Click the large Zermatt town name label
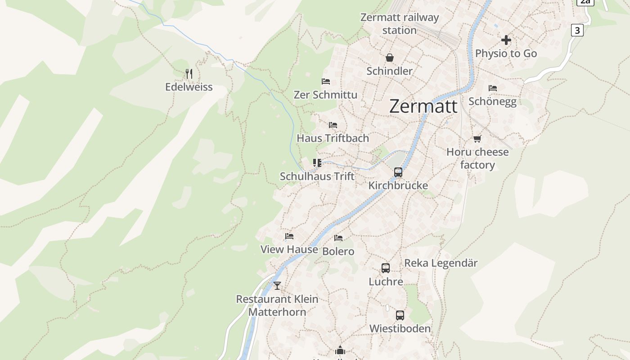pyautogui.click(x=423, y=107)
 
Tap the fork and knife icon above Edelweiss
pyautogui.click(x=189, y=73)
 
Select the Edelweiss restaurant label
pyautogui.click(x=189, y=87)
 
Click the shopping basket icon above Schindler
pyautogui.click(x=389, y=58)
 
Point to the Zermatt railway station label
pyautogui.click(x=400, y=24)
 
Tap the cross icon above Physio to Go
pyautogui.click(x=506, y=40)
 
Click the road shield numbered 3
pyautogui.click(x=577, y=30)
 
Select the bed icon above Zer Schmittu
pyautogui.click(x=326, y=81)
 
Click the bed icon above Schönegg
pyautogui.click(x=493, y=88)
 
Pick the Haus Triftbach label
pyautogui.click(x=333, y=138)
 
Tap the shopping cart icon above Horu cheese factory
pyautogui.click(x=477, y=139)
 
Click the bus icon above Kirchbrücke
pyautogui.click(x=398, y=172)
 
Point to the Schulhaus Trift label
pyautogui.click(x=317, y=176)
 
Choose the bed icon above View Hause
pyautogui.click(x=289, y=236)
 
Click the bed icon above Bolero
pyautogui.click(x=338, y=238)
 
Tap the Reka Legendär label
pyautogui.click(x=441, y=263)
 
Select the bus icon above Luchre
pyautogui.click(x=386, y=268)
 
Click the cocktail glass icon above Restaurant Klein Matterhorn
pyautogui.click(x=277, y=285)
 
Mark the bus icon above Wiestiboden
pyautogui.click(x=400, y=315)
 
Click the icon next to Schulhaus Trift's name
pyautogui.click(x=317, y=162)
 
